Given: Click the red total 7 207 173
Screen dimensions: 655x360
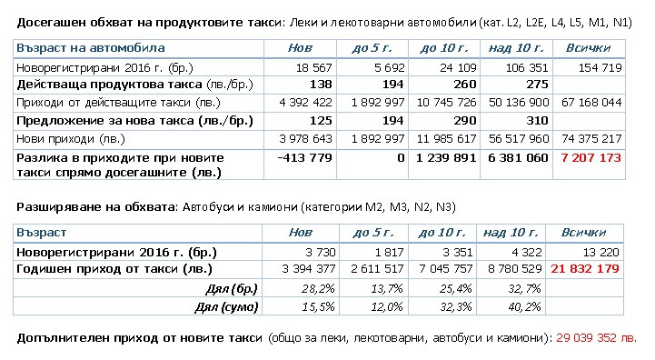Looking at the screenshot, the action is click(x=591, y=158).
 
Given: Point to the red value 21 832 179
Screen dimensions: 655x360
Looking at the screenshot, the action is click(x=591, y=269).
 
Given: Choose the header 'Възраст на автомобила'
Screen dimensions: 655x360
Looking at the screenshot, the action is click(x=91, y=47).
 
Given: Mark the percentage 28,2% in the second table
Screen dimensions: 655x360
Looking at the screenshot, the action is click(x=318, y=288).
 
